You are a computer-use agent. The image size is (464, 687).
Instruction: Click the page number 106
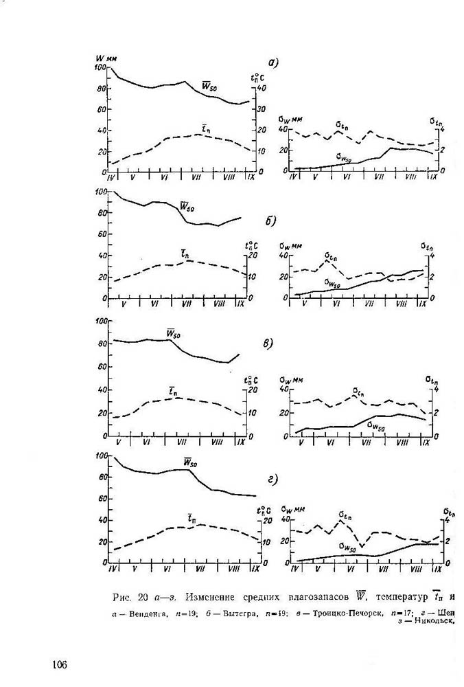pyautogui.click(x=59, y=664)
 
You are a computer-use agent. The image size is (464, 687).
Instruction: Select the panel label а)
pyautogui.click(x=272, y=63)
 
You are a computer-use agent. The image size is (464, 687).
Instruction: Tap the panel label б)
pyautogui.click(x=270, y=221)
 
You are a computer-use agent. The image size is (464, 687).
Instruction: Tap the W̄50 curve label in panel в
pyautogui.click(x=174, y=334)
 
